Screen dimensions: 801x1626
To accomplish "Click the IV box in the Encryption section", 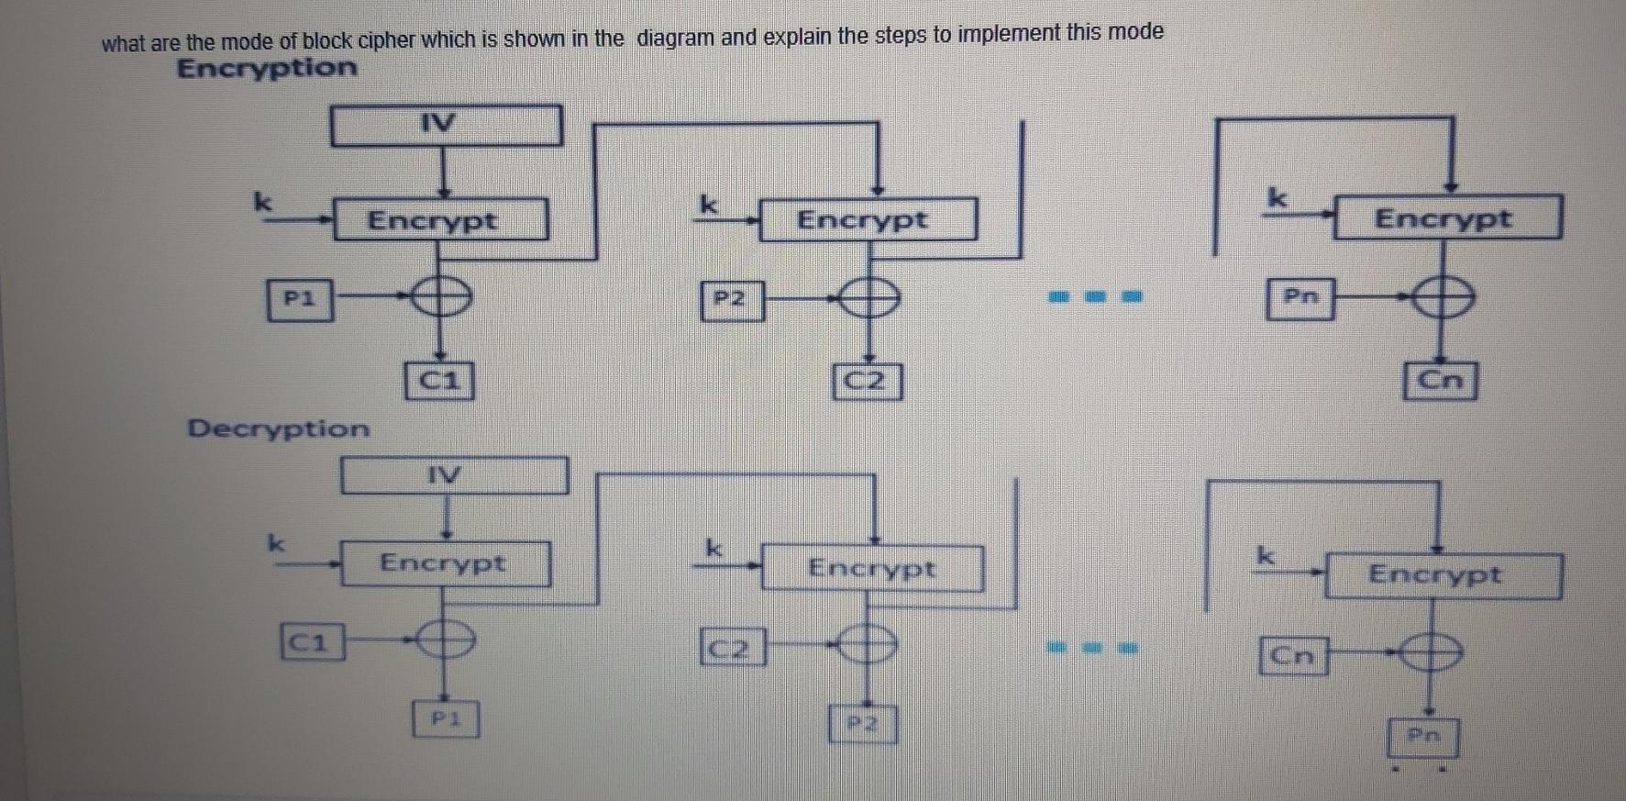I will click(446, 125).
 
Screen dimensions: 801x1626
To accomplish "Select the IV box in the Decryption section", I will click(454, 475).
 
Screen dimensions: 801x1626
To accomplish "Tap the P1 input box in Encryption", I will click(300, 299).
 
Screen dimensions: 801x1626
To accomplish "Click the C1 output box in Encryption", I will click(438, 381).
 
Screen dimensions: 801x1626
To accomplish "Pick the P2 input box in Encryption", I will click(731, 300).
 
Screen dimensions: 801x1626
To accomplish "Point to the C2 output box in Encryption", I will click(867, 382).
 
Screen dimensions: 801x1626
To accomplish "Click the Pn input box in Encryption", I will click(1300, 298).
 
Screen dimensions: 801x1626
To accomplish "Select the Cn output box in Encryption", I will click(1440, 381).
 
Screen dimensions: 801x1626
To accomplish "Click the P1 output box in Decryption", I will click(445, 719).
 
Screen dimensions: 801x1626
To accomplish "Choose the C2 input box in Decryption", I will click(732, 648).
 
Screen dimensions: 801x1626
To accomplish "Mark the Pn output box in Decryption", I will click(1423, 737).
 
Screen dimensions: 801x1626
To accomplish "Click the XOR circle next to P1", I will click(441, 297).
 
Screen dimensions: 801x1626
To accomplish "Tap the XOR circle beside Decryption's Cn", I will click(1431, 654).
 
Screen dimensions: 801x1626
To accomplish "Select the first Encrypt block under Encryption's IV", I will click(440, 220).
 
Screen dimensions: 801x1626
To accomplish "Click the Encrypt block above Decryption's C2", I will click(871, 569).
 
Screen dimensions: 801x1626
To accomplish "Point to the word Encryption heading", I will click(267, 68).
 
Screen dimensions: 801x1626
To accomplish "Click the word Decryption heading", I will click(278, 428).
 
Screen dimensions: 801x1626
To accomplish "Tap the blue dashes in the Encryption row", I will click(1095, 296).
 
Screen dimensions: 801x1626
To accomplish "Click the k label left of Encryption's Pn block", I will click(1277, 197).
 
